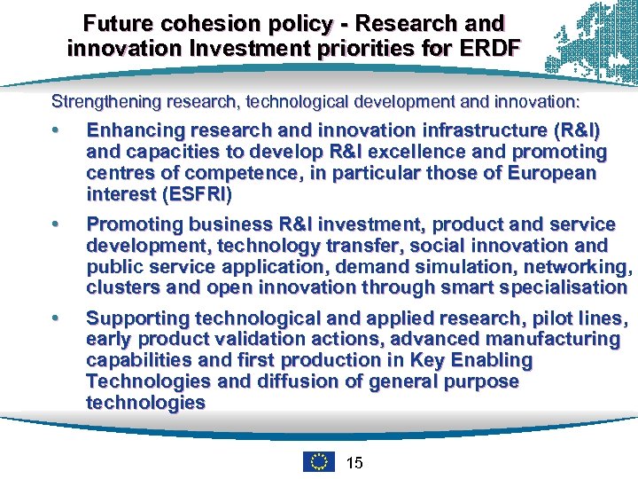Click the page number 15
(x=354, y=462)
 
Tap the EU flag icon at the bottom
(x=318, y=461)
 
